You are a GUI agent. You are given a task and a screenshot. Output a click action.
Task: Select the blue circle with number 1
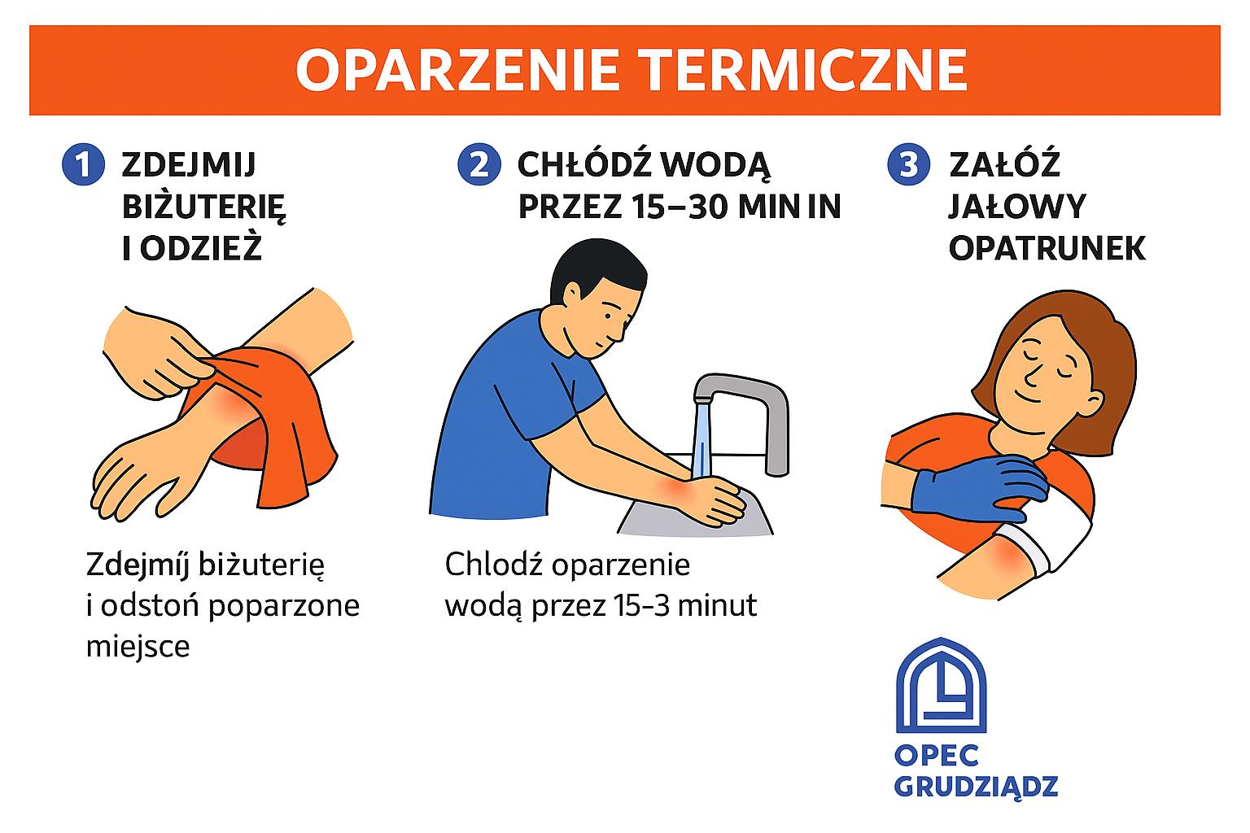coord(83,164)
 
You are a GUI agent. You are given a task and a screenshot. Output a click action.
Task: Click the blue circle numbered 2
coord(479,164)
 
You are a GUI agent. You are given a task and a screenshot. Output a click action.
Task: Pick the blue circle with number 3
coord(908,164)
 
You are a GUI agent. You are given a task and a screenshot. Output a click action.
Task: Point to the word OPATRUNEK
coord(1047,248)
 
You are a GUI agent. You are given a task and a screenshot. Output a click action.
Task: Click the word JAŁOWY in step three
coord(1017,207)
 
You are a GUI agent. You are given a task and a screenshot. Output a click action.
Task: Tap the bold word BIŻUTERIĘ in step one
coord(203,207)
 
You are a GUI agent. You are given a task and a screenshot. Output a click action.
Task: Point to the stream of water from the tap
coord(701,441)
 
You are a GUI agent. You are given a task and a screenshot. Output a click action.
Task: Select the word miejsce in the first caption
coord(138,647)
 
